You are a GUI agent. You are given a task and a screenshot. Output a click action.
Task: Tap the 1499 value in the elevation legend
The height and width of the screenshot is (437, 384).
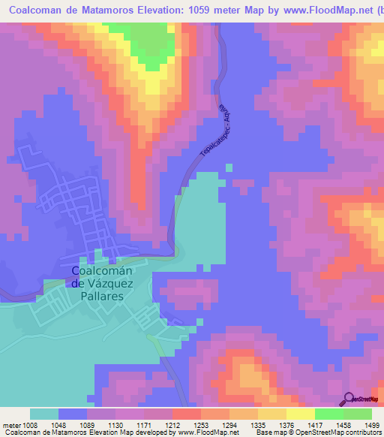(362, 425)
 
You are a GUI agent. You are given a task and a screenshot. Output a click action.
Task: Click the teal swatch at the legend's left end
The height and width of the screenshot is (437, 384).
(44, 414)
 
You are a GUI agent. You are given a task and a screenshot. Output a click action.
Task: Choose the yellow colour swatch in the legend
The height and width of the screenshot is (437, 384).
(300, 414)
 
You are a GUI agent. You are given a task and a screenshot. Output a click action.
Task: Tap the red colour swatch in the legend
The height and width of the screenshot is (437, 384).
(187, 414)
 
